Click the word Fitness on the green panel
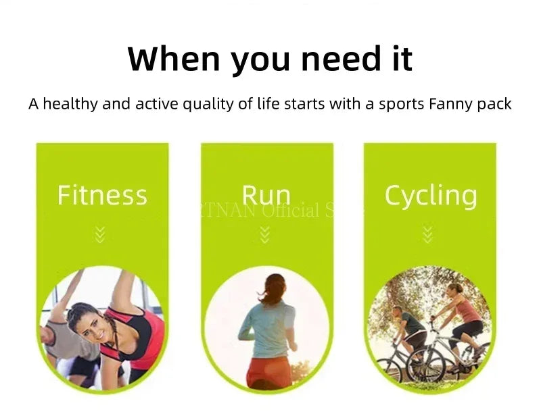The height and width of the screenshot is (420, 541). pos(101,195)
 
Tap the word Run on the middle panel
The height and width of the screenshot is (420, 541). pos(266,195)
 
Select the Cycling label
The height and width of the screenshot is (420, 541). pos(431,195)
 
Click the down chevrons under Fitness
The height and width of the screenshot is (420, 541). pos(100,235)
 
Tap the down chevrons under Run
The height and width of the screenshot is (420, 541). pos(264,235)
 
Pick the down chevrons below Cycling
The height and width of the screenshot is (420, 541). pos(427,235)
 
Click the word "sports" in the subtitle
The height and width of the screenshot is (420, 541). pos(403,104)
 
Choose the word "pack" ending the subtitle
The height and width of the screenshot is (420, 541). pos(495,104)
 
